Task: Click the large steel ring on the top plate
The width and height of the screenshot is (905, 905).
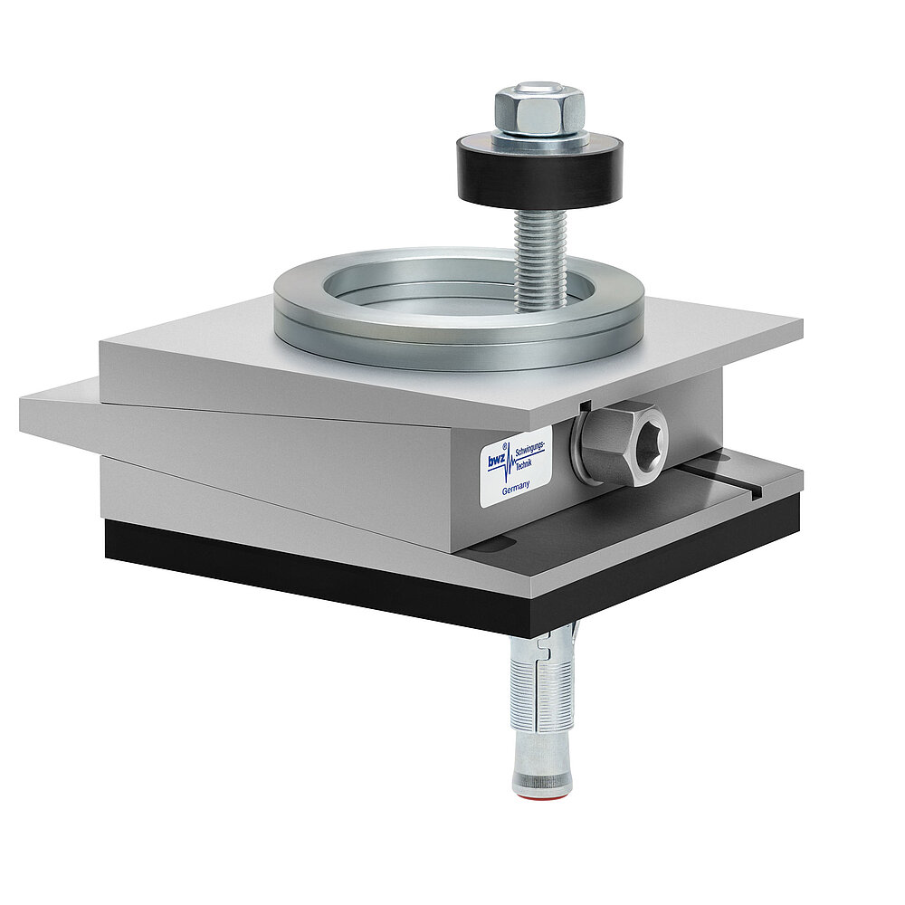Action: point(458,307)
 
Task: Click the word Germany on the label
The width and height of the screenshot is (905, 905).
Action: point(516,488)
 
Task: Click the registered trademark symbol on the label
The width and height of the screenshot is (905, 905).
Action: point(504,446)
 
